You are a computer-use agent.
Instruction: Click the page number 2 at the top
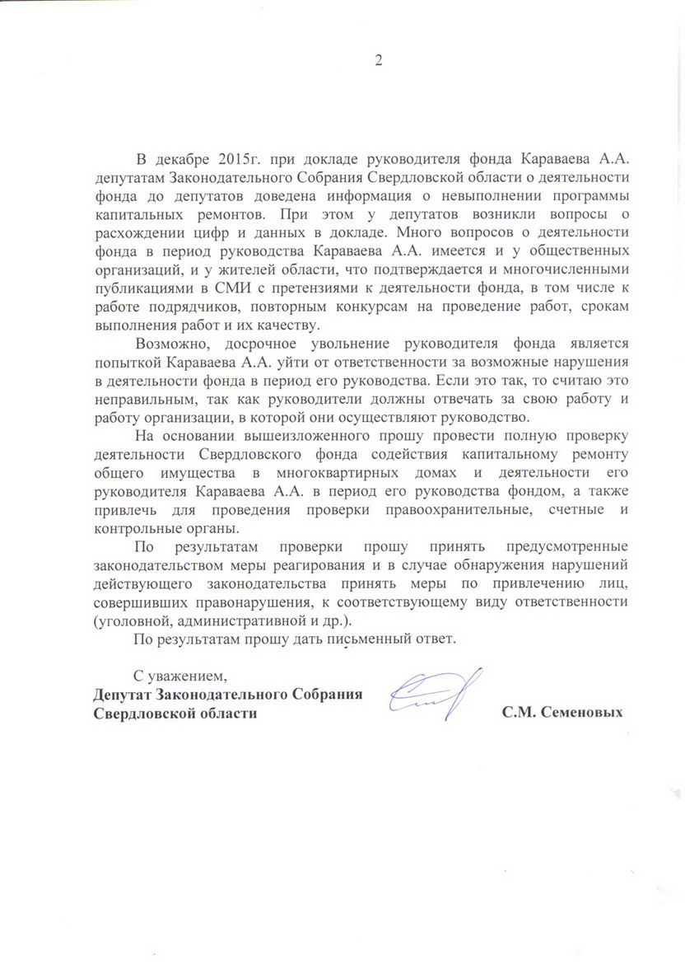[x=379, y=60]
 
